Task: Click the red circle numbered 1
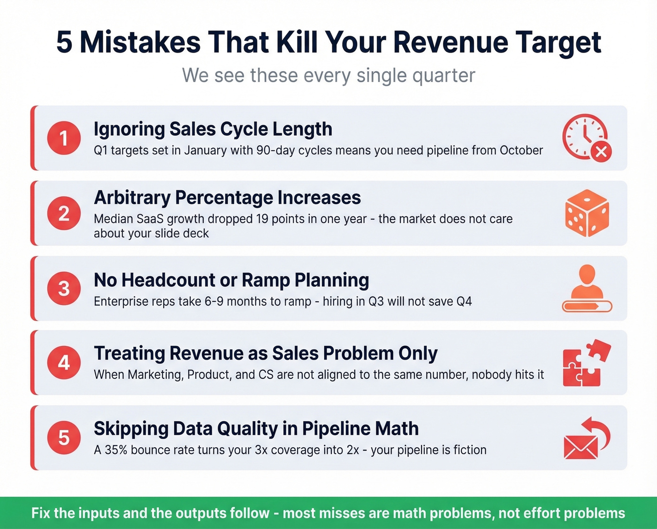(x=64, y=138)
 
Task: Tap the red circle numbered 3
(x=64, y=288)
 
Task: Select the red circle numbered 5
(x=64, y=437)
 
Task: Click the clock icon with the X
(x=587, y=138)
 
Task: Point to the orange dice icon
(x=587, y=213)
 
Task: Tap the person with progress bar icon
(x=587, y=288)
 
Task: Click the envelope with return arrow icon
(x=587, y=438)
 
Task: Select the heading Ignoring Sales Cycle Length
(x=213, y=129)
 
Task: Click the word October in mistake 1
(x=521, y=150)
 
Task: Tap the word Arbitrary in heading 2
(x=132, y=198)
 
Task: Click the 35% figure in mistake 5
(x=116, y=450)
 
